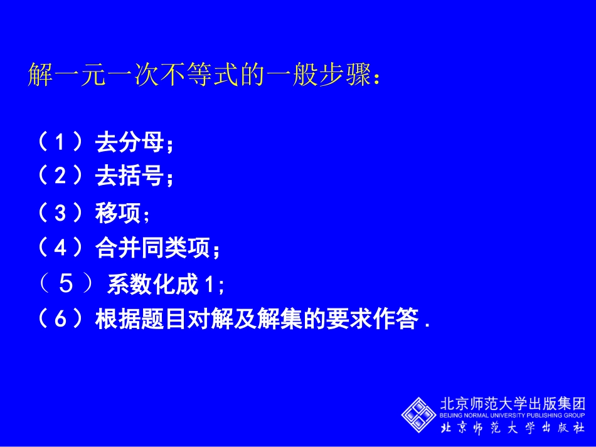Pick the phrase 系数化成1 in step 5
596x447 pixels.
[x=161, y=285]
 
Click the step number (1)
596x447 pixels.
[x=60, y=144]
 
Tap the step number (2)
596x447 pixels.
[x=60, y=177]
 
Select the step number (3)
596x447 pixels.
[x=60, y=213]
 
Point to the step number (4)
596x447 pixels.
[x=60, y=249]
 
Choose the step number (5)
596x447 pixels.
[x=66, y=285]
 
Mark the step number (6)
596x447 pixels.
[x=60, y=320]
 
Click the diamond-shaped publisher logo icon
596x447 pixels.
[x=419, y=414]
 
